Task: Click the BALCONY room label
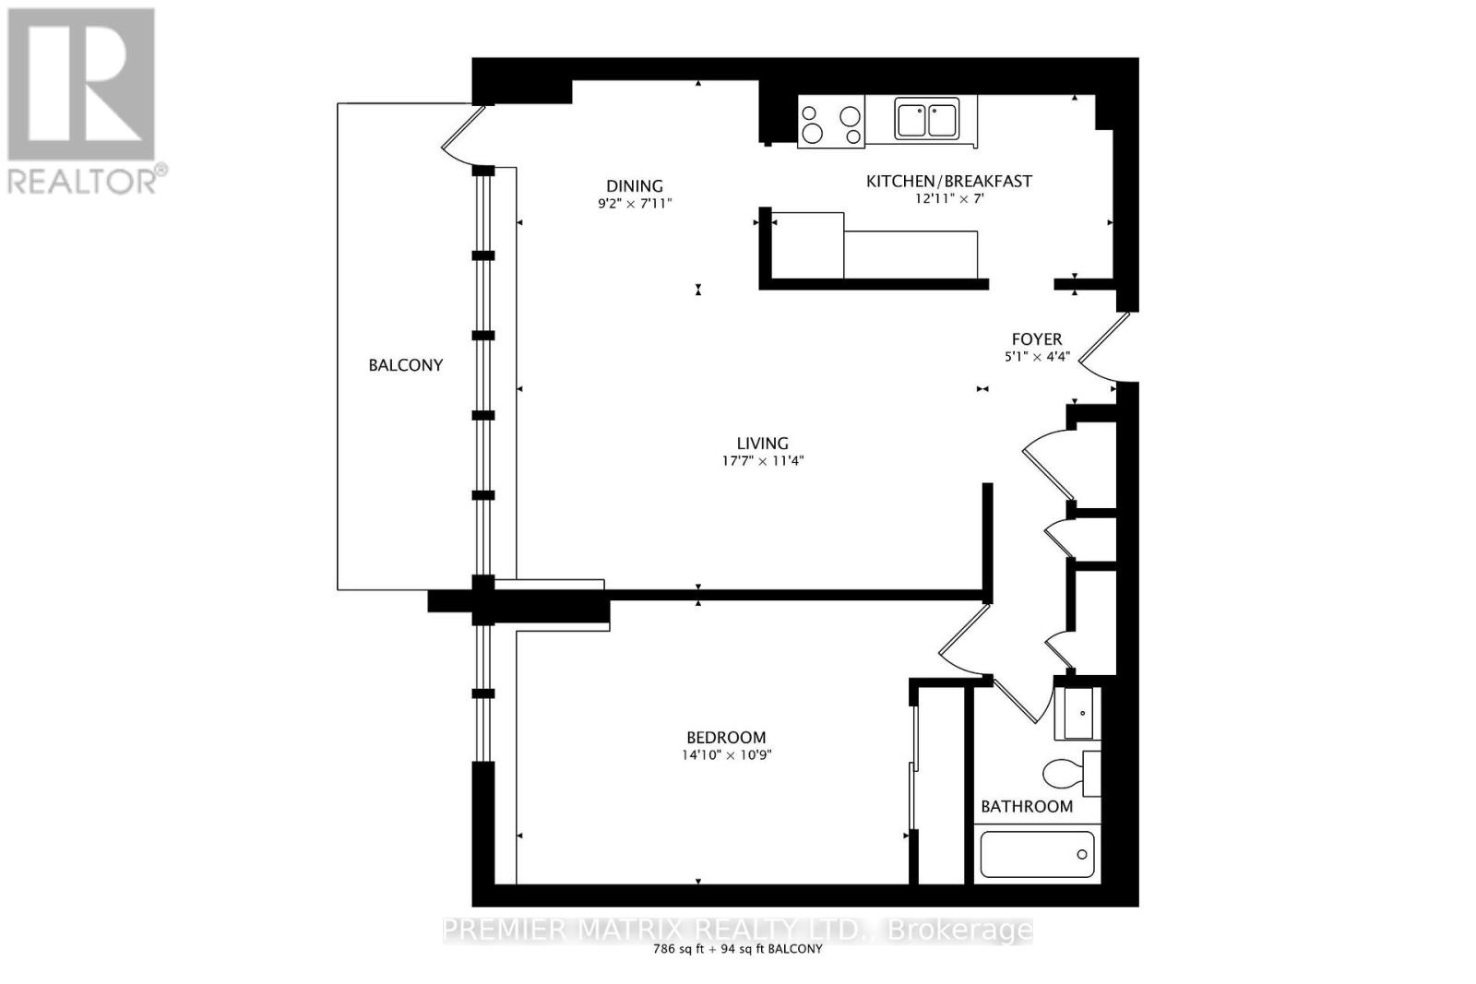tap(405, 365)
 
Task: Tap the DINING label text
tap(635, 186)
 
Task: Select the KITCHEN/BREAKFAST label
tap(949, 181)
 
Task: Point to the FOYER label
tap(1037, 339)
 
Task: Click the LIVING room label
tap(762, 444)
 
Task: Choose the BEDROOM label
tap(726, 737)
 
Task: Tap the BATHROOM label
tap(1027, 806)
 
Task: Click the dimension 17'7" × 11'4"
tap(763, 461)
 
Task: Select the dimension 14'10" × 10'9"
tap(726, 754)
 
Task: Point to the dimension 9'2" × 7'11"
tap(635, 204)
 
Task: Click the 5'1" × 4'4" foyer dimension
tap(1037, 357)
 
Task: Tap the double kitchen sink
tap(926, 119)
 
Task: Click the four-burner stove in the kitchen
tap(831, 122)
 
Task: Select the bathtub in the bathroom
tap(1037, 854)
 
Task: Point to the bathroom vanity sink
tap(1077, 713)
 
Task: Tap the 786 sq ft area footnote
tap(737, 949)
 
